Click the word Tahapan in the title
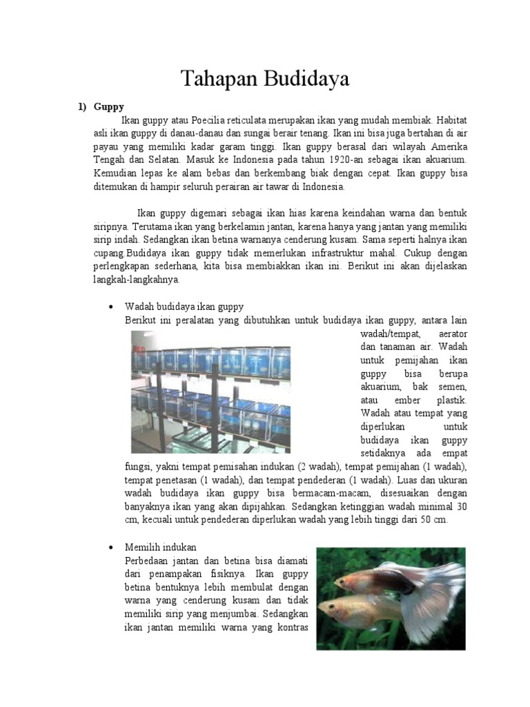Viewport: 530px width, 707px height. (218, 79)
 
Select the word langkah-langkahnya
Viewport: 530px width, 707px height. (137, 280)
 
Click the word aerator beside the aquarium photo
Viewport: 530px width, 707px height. (453, 333)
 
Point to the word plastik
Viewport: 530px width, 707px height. (452, 400)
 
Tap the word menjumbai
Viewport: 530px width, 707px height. (234, 601)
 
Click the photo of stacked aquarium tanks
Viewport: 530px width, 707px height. (211, 391)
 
